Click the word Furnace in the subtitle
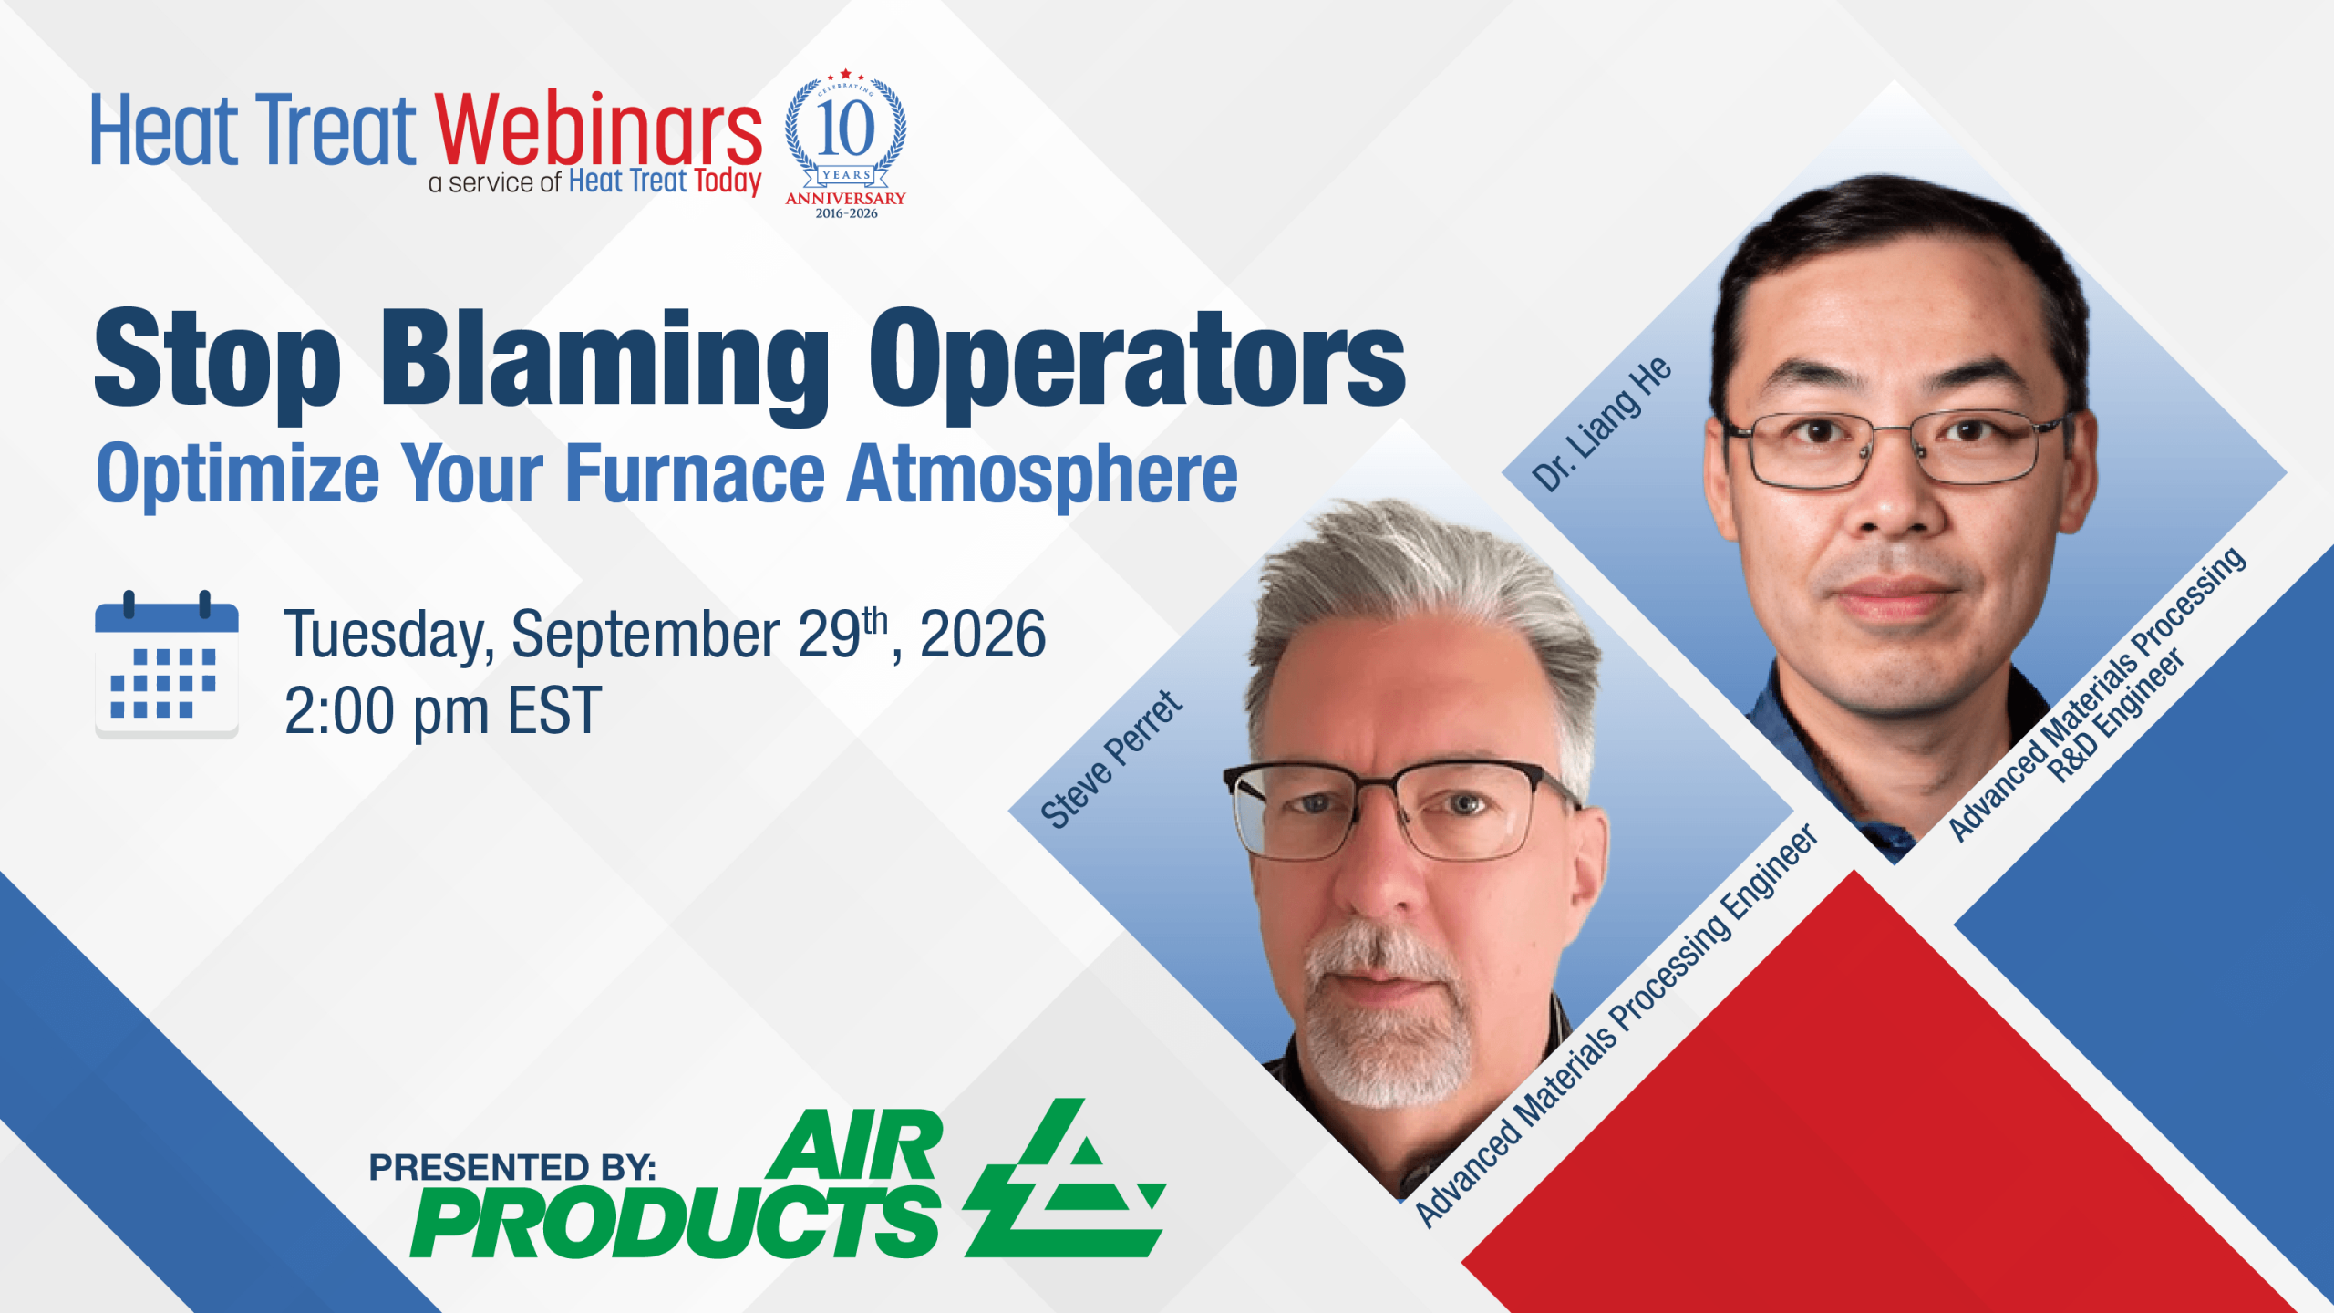[696, 474]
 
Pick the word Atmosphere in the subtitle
[1043, 474]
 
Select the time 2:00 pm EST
[443, 711]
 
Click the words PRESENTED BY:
[512, 1167]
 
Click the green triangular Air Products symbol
[1065, 1178]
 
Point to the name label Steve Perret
[1112, 760]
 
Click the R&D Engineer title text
[2117, 716]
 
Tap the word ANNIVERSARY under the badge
[846, 198]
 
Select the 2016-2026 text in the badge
[846, 213]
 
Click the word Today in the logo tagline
[728, 181]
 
